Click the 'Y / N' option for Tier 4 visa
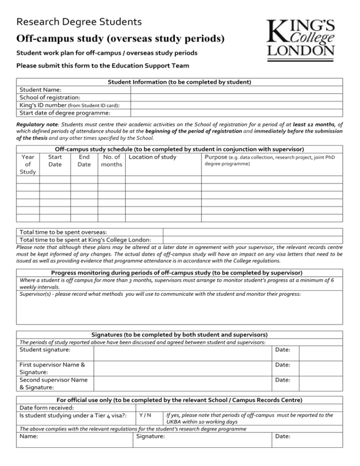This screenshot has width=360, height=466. click(x=145, y=415)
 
